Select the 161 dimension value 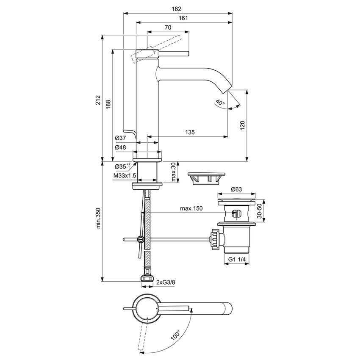pos(183,18)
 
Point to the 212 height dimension pos(98,100)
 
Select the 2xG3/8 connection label pos(165,282)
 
